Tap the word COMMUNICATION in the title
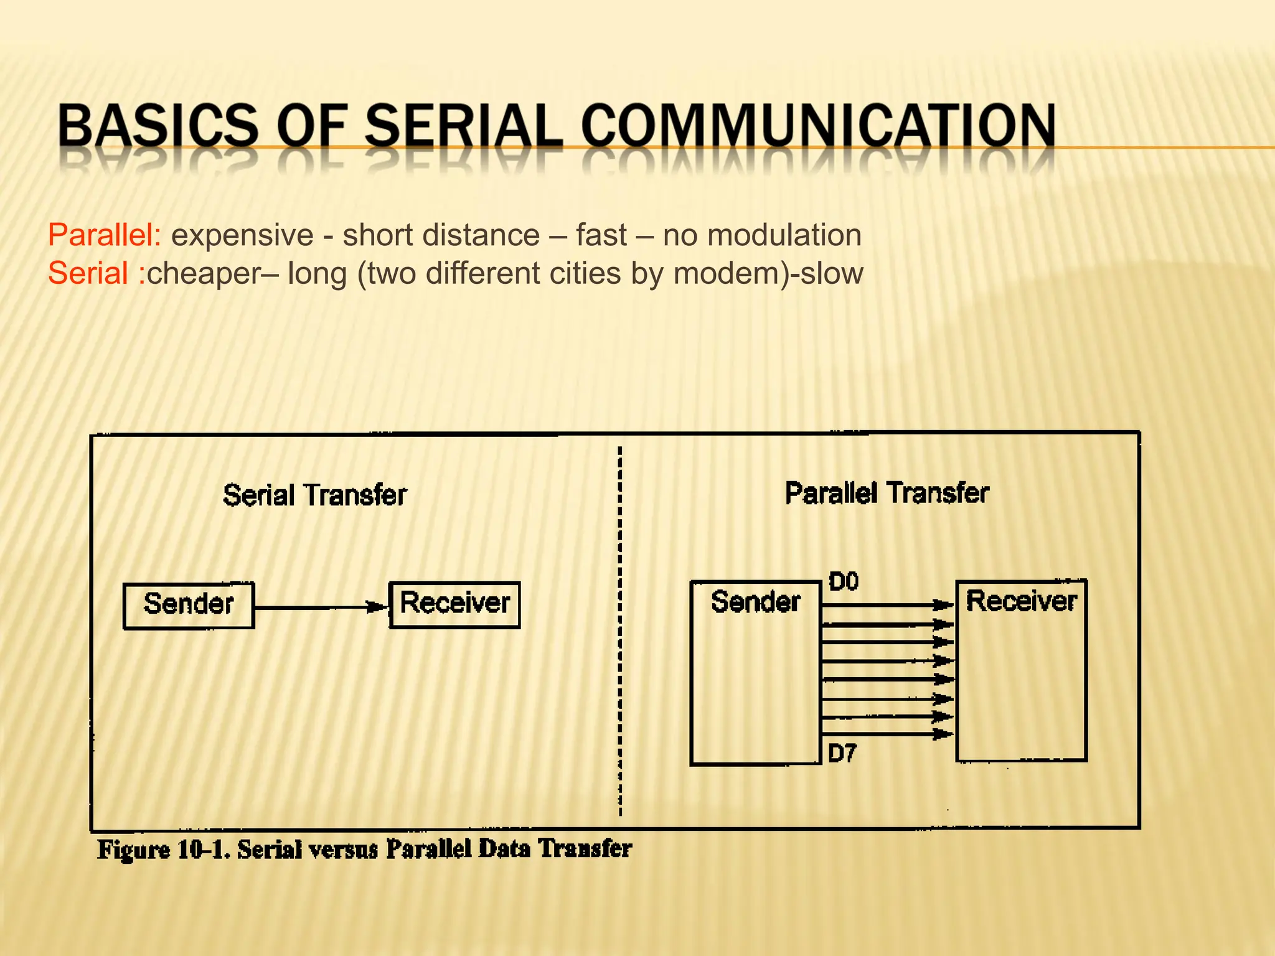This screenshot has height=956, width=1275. coord(818,126)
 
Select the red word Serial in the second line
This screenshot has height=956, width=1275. coord(88,273)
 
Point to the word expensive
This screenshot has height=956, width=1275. coord(242,235)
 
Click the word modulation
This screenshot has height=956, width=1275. coord(784,235)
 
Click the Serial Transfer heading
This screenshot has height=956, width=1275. coord(314,495)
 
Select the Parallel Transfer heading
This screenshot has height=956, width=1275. coord(887,493)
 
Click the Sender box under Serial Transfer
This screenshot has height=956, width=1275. coord(189,605)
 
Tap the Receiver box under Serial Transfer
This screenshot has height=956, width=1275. coord(454,604)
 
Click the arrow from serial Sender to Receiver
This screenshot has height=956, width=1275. coord(321,607)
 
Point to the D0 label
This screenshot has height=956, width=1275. coord(844,582)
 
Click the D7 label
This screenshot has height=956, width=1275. coord(842,754)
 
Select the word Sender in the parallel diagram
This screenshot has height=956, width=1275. coord(755,602)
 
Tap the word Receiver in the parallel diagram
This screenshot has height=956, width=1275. coord(1021,601)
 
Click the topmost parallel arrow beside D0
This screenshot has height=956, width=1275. coord(887,604)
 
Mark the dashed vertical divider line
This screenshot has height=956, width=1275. coord(620,629)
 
